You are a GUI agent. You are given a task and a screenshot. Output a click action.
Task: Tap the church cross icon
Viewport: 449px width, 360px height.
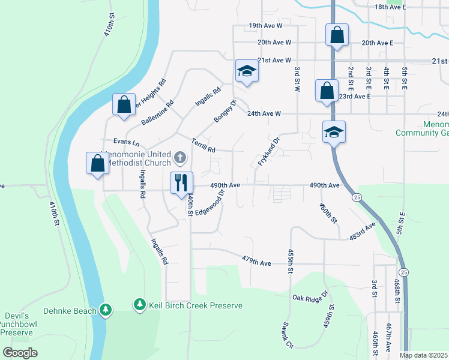point(179,158)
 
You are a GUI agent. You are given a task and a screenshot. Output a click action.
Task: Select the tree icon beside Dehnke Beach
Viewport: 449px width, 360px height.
point(106,310)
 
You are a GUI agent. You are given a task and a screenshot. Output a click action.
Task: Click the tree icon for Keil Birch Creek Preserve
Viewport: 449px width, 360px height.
point(140,305)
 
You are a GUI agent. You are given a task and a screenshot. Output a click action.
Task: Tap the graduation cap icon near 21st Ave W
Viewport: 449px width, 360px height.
point(246,71)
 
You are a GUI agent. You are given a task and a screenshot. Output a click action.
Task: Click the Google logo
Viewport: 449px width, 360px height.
point(20,353)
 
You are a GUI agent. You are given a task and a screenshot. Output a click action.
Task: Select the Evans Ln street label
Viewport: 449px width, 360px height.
point(127,143)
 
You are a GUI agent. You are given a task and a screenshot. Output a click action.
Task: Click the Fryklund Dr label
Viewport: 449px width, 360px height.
point(269,152)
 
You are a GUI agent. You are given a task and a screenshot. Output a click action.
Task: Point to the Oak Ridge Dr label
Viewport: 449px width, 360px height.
point(310,296)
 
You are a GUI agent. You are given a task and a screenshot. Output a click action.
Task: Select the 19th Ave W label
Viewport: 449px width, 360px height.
point(265,26)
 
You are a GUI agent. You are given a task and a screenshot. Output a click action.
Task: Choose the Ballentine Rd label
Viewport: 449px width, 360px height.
point(157,112)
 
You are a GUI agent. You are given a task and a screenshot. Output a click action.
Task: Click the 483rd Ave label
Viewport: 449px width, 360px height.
point(363,232)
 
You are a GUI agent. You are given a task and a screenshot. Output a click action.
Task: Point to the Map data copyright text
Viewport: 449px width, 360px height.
point(424,355)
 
